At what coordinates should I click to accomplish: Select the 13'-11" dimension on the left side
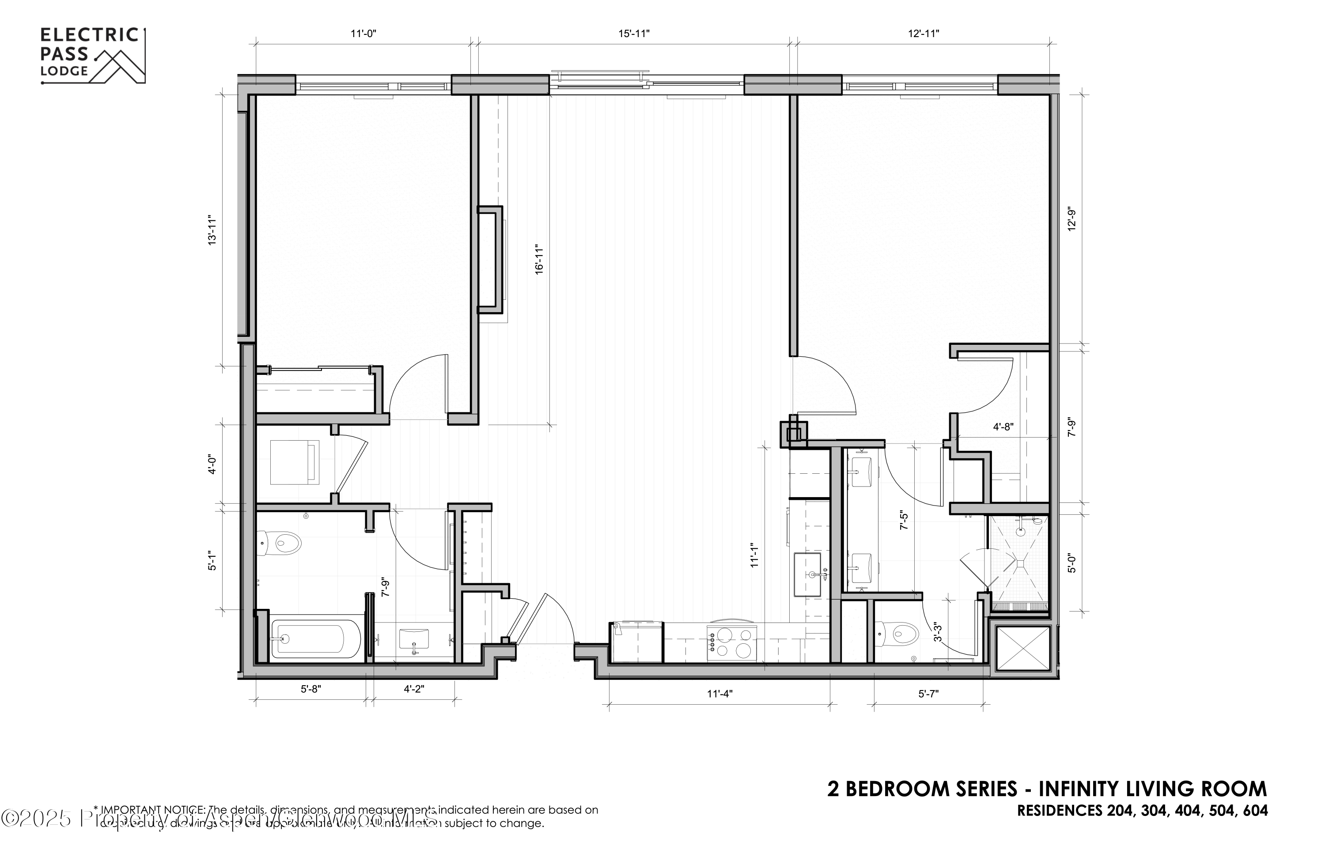pos(212,230)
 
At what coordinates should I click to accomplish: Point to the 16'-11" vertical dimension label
pos(539,259)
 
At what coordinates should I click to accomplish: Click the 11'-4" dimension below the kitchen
pos(720,694)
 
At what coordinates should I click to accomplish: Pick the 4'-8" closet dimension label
pos(1003,427)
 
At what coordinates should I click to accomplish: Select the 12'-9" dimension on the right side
pos(1071,219)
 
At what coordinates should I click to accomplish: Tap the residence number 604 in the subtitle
pos(1255,811)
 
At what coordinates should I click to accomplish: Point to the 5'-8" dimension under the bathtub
pos(310,689)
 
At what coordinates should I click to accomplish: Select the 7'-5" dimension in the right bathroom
pos(904,520)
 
